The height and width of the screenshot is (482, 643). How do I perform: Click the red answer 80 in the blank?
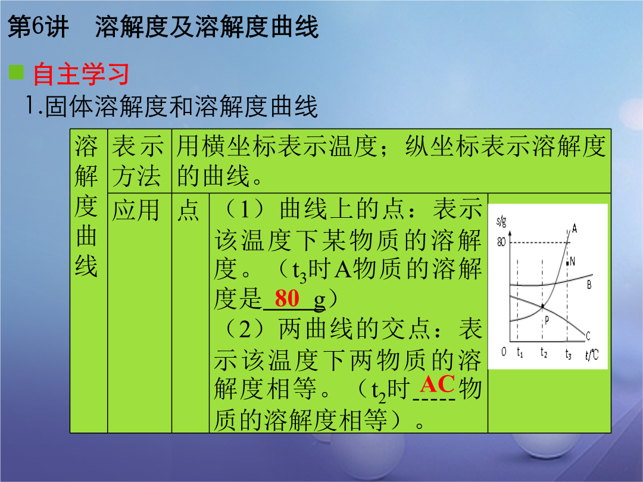pyautogui.click(x=287, y=298)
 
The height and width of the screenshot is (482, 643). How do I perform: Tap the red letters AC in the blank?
pyautogui.click(x=437, y=384)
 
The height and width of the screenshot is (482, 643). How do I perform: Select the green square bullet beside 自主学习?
pyautogui.click(x=17, y=72)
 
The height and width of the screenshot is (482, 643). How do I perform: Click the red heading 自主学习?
pyautogui.click(x=81, y=74)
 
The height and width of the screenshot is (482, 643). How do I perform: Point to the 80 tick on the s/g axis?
pyautogui.click(x=501, y=242)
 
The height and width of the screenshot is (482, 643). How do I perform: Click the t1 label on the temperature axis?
pyautogui.click(x=520, y=352)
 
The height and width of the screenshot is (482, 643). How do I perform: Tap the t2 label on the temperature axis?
pyautogui.click(x=544, y=352)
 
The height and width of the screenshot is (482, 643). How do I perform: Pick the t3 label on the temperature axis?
pyautogui.click(x=568, y=353)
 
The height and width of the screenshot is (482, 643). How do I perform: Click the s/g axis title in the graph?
pyautogui.click(x=501, y=222)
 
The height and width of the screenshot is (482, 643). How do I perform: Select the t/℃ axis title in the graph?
pyautogui.click(x=592, y=354)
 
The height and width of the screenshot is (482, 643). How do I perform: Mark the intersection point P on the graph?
pyautogui.click(x=542, y=306)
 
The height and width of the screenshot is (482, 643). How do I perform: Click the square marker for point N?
pyautogui.click(x=567, y=263)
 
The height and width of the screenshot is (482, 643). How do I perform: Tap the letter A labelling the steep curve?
pyautogui.click(x=575, y=229)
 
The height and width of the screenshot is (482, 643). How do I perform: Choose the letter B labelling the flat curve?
pyautogui.click(x=589, y=284)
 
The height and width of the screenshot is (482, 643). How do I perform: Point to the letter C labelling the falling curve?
pyautogui.click(x=588, y=336)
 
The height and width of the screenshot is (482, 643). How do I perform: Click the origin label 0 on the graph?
pyautogui.click(x=504, y=352)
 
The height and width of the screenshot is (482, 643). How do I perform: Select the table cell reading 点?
pyautogui.click(x=188, y=211)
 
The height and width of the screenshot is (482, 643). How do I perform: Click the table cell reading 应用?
pyautogui.click(x=136, y=211)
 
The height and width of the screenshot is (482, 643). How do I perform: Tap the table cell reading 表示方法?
pyautogui.click(x=138, y=161)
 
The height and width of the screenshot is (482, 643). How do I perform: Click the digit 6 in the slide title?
pyautogui.click(x=37, y=27)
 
